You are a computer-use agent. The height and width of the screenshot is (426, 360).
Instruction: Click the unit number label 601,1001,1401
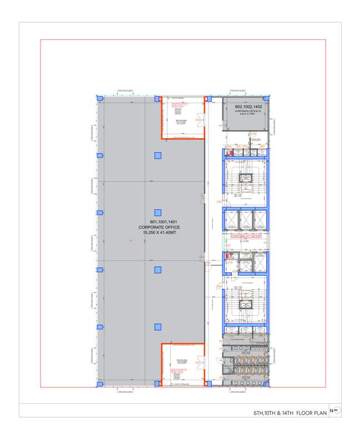tap(158, 222)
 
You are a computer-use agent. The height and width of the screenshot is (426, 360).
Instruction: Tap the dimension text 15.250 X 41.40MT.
tap(158, 233)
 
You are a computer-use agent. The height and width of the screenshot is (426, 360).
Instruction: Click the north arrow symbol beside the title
tap(336, 410)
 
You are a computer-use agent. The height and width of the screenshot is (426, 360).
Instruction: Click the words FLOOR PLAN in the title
tap(311, 413)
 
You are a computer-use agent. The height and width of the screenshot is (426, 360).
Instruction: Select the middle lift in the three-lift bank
tap(246, 220)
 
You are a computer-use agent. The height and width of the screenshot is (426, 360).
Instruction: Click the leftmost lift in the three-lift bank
tap(232, 220)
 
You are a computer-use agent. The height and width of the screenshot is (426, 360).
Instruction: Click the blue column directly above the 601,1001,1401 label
tap(158, 212)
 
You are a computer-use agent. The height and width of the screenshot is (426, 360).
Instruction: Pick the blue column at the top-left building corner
tap(100, 99)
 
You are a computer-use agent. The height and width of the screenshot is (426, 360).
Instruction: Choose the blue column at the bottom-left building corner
tap(100, 384)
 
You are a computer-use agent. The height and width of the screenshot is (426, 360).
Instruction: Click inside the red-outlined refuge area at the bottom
tap(183, 363)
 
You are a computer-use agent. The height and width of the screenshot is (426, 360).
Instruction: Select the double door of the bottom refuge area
tap(183, 344)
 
